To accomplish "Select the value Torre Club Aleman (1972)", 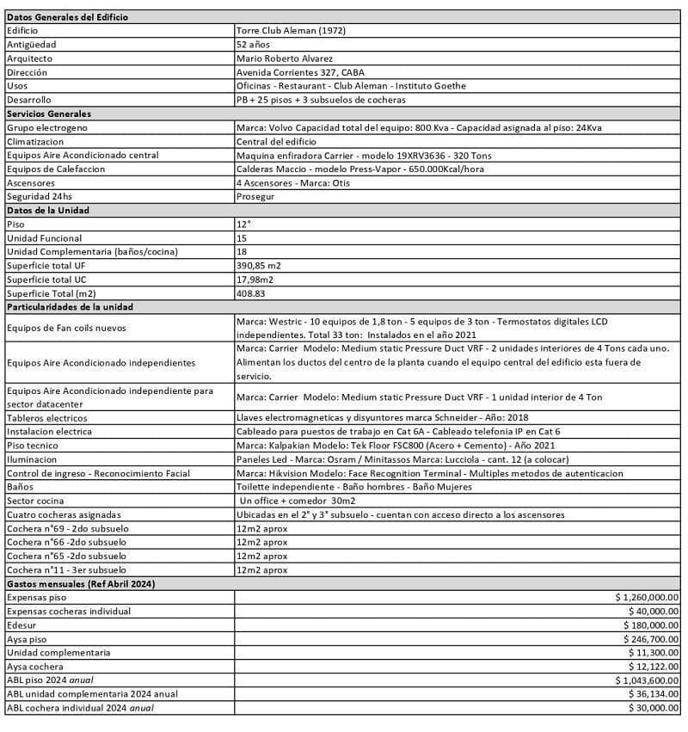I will pos(288,31).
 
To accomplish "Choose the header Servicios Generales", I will pos(49,114).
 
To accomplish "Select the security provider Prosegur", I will pos(255,196).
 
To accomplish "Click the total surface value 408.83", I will pos(254,292).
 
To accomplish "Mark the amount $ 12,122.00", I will pos(654,667).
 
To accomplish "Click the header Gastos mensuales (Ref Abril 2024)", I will pos(80,583).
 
